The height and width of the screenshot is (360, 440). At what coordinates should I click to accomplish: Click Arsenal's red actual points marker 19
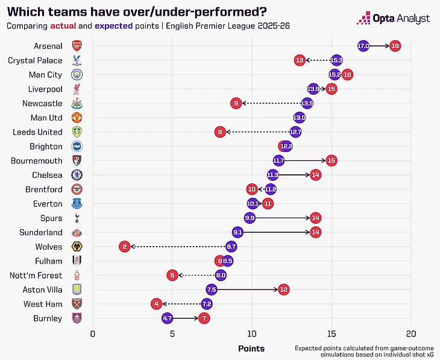tap(395, 46)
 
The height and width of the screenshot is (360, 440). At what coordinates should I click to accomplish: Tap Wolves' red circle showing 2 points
tap(124, 247)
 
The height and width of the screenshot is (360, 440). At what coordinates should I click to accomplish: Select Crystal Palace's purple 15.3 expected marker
tap(336, 60)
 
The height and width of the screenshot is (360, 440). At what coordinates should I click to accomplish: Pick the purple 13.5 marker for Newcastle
tap(307, 103)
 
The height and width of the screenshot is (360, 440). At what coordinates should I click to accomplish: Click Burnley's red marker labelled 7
tap(204, 318)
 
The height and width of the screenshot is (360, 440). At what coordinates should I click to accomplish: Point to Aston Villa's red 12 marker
tap(284, 289)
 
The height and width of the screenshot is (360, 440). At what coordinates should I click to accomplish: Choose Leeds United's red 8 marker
tap(220, 132)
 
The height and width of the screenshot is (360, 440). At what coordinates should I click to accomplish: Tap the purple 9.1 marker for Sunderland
tap(237, 232)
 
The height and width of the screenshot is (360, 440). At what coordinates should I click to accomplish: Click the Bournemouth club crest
tap(77, 160)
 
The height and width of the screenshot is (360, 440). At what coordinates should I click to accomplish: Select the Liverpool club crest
tap(77, 89)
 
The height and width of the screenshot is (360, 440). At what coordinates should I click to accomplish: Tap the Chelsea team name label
tap(47, 175)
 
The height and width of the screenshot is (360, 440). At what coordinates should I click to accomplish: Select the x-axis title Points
tap(251, 349)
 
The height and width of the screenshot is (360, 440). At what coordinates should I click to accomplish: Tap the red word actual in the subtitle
tap(63, 26)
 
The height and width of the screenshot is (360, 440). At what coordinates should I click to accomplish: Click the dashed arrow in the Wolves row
tap(178, 247)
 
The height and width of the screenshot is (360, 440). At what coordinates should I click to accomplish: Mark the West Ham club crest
tap(77, 303)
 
